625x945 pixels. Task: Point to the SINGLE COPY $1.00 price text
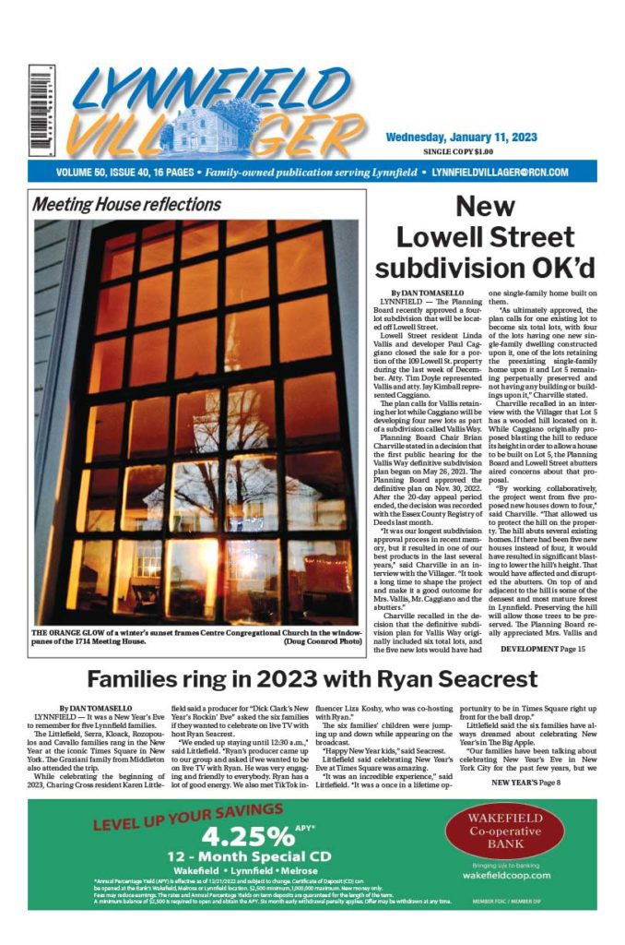pyautogui.click(x=458, y=151)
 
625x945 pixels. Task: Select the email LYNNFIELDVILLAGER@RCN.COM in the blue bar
pyautogui.click(x=499, y=173)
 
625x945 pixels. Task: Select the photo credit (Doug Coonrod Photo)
pyautogui.click(x=318, y=639)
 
